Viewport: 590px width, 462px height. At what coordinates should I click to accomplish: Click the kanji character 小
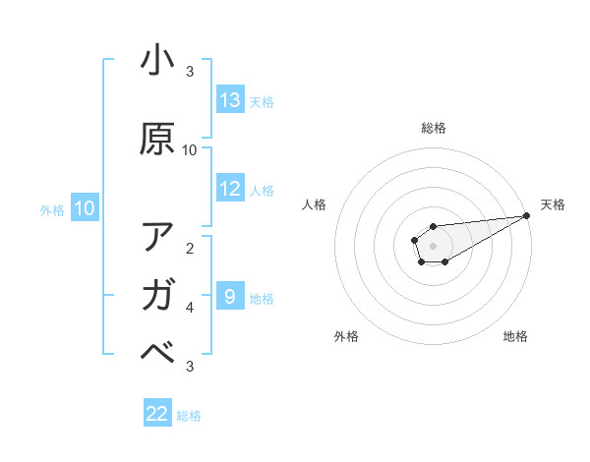[x=157, y=61]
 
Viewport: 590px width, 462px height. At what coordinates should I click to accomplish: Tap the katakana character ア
[x=157, y=237]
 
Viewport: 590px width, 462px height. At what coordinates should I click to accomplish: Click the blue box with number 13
[x=230, y=100]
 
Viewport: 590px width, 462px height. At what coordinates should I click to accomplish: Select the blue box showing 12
[x=230, y=189]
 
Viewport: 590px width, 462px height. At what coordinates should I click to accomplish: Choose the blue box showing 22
[x=157, y=414]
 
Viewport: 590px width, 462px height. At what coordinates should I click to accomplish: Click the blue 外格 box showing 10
[x=85, y=208]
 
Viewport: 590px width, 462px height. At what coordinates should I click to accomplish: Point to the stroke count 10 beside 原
[x=190, y=150]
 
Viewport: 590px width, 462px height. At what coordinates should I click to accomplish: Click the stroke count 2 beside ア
[x=190, y=249]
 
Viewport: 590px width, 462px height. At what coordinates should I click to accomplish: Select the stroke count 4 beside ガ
[x=190, y=308]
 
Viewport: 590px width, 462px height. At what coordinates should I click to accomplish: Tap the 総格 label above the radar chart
[x=433, y=128]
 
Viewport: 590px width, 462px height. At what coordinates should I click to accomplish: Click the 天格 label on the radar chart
[x=553, y=204]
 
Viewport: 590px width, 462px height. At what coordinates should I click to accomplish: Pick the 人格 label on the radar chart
[x=315, y=204]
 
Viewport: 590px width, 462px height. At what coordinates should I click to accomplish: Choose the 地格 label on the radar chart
[x=515, y=337]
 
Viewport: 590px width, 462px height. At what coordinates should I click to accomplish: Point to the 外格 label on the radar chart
[x=346, y=337]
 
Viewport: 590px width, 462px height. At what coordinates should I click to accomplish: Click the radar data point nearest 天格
[x=526, y=215]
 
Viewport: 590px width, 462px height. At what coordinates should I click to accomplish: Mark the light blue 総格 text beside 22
[x=189, y=416]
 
